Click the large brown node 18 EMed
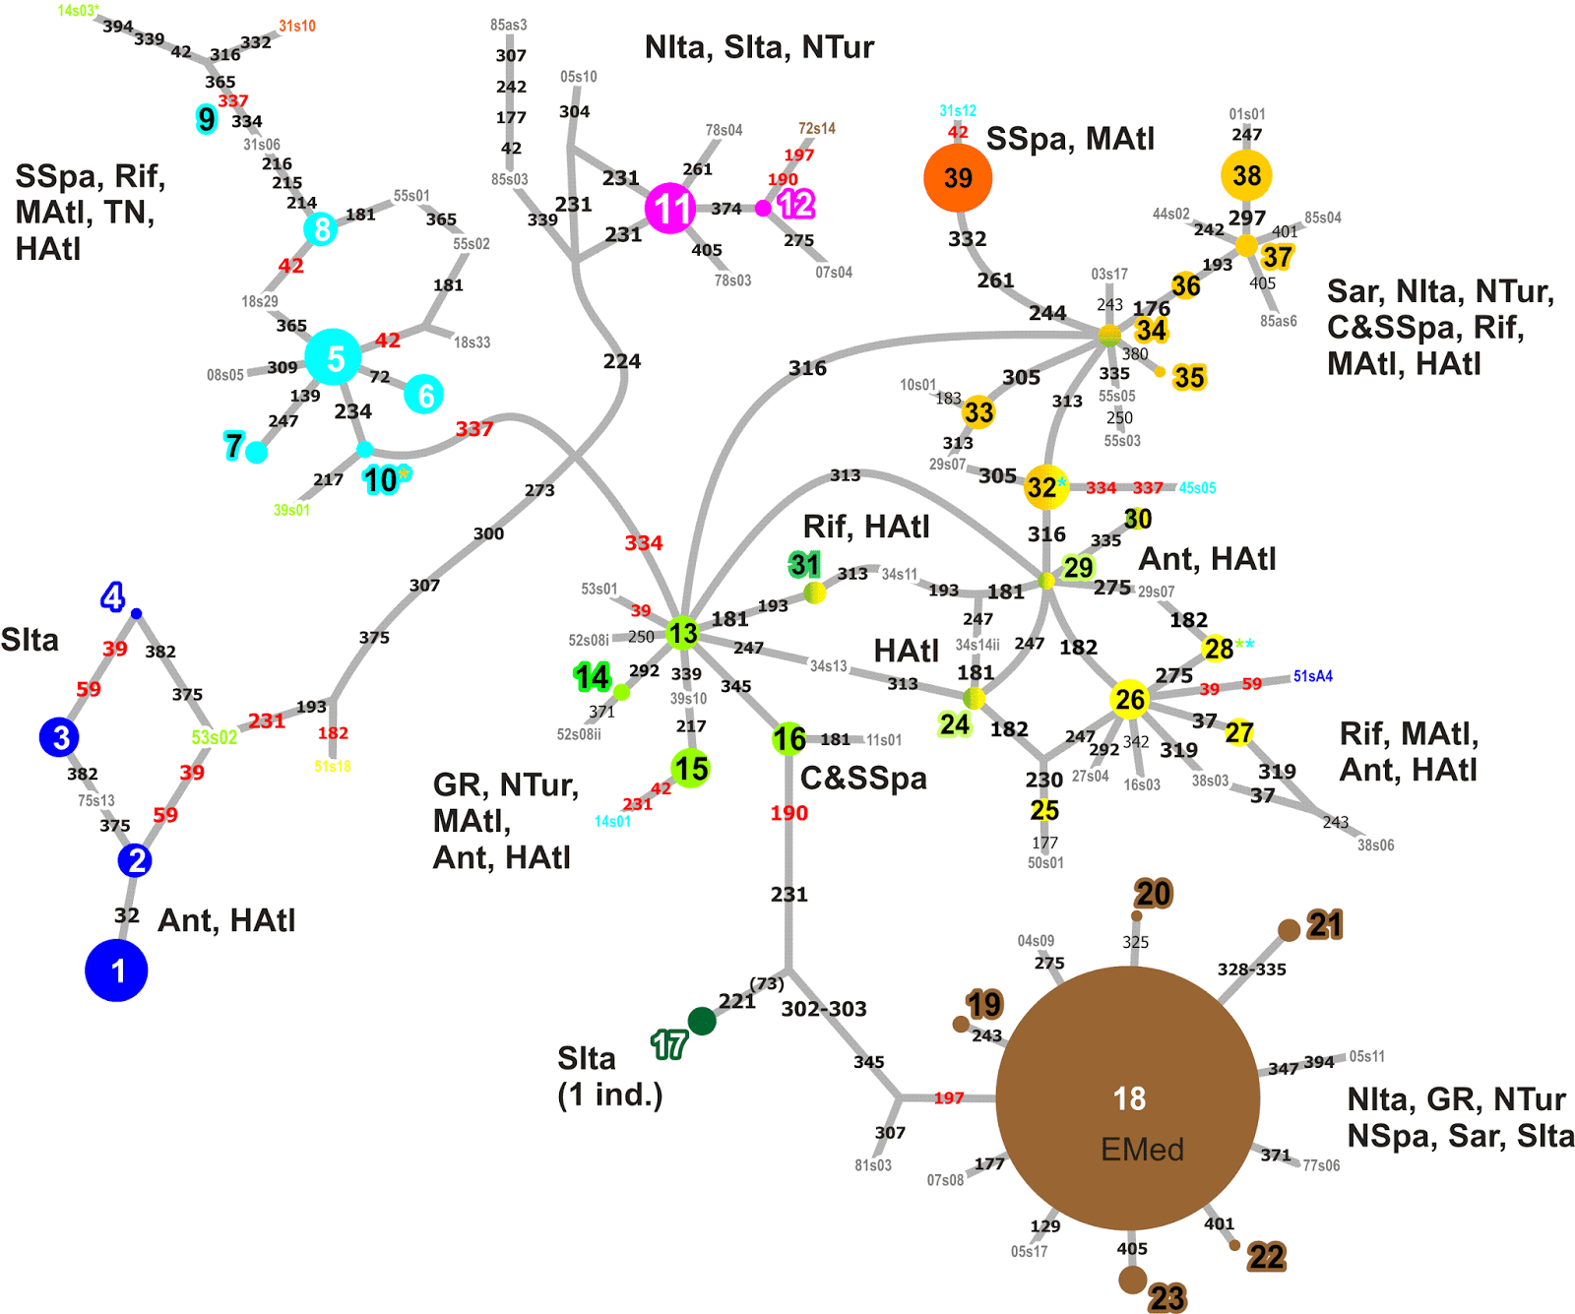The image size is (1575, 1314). coord(1128,1098)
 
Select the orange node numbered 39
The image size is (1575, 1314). coord(958,178)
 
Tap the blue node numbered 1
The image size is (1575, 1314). coord(116,970)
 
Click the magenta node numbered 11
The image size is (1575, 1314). coord(670,209)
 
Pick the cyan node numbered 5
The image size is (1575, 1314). coord(333,357)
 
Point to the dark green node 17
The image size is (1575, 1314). coord(702,1021)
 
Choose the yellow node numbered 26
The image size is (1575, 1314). coord(1129,699)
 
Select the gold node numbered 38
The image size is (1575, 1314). coord(1246,175)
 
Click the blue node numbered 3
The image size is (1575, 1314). coord(59,737)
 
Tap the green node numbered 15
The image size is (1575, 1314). coord(691,769)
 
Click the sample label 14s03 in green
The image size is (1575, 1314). coord(79,11)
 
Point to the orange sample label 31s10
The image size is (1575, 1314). coord(297,26)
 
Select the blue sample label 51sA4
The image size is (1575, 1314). coord(1313,676)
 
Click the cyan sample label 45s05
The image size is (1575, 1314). coord(1198,488)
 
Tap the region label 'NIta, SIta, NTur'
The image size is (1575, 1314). coord(759,47)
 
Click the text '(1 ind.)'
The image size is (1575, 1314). coord(610,1095)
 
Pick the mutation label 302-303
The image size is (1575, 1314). coord(824,1009)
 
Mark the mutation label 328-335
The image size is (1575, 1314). coord(1252,970)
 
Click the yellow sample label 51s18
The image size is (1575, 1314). coord(333,766)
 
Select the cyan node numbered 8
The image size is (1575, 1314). coord(321,229)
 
